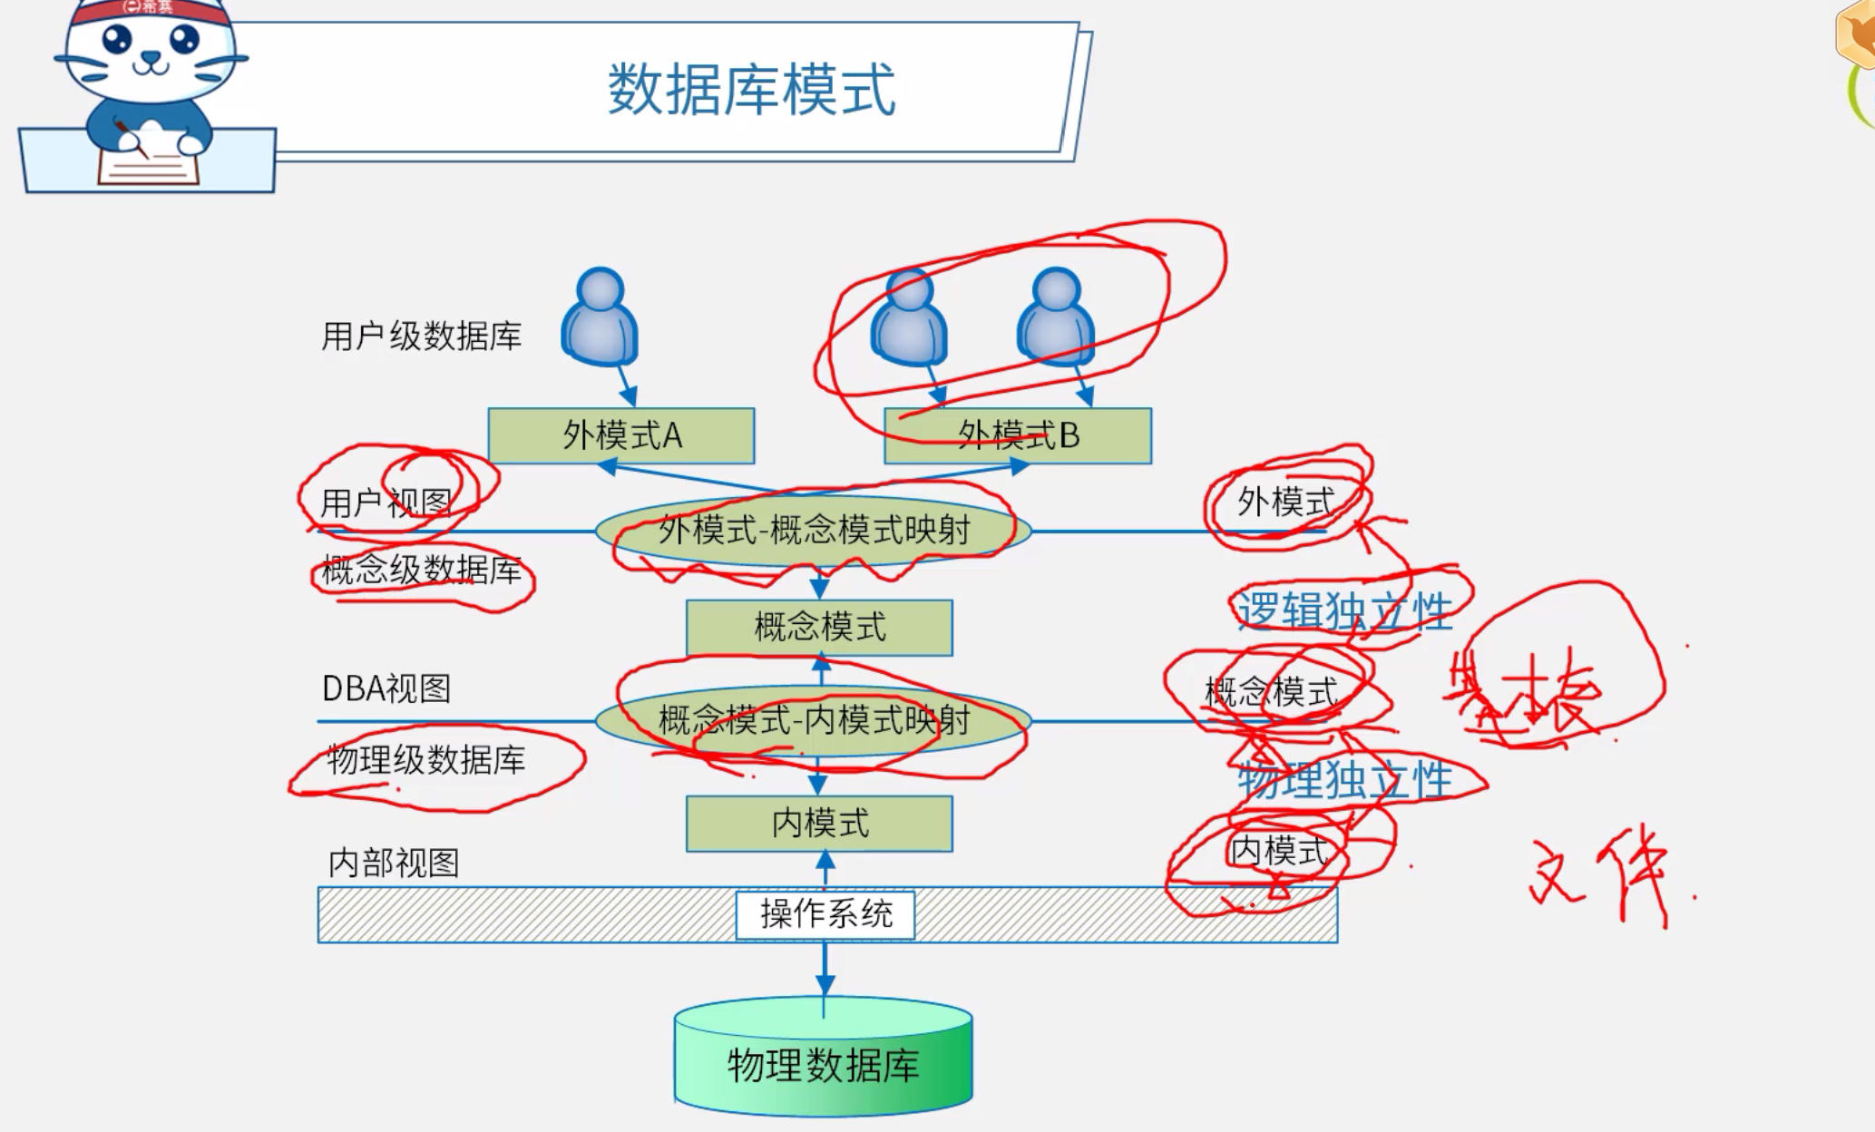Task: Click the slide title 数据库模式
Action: click(751, 90)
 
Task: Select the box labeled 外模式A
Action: click(621, 436)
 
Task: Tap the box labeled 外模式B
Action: click(1018, 436)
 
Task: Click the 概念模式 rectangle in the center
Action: click(819, 627)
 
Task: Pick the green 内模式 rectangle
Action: click(819, 824)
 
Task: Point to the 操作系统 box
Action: click(825, 914)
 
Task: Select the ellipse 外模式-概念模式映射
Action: click(814, 530)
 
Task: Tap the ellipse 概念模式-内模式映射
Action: click(814, 721)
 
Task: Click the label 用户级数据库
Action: click(422, 337)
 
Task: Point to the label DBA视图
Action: click(386, 688)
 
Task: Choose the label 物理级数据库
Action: click(426, 760)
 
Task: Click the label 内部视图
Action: click(394, 863)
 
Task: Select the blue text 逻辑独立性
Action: click(1344, 610)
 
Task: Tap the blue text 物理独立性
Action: click(1344, 779)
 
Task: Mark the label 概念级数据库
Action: click(422, 571)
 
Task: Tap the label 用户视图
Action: click(386, 502)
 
